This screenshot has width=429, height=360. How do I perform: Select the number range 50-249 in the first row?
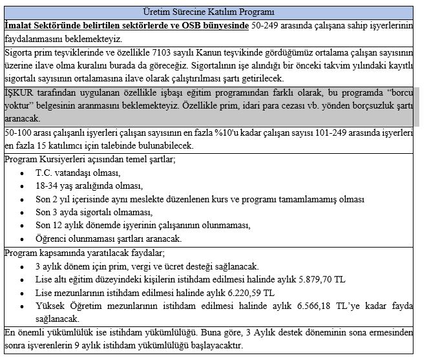266,25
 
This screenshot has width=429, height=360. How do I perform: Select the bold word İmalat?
20,25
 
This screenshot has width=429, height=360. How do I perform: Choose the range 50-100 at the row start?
19,132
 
